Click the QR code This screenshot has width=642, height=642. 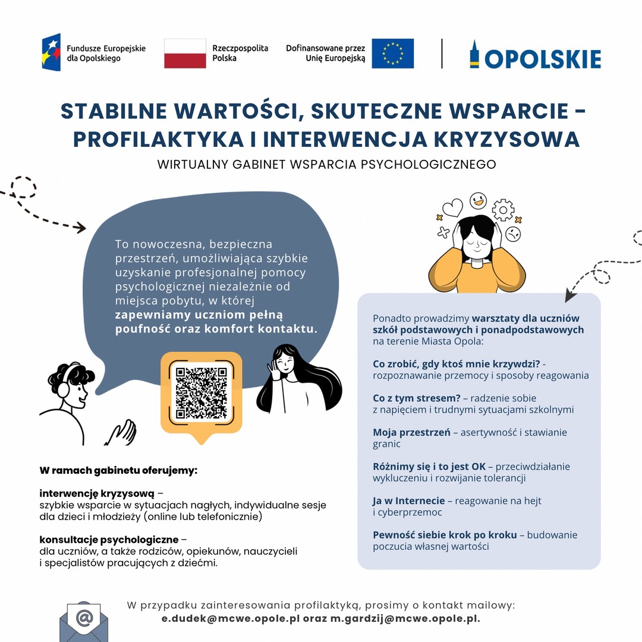coord(201,393)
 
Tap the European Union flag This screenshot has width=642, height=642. coord(392,53)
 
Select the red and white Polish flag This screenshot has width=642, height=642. coord(185,53)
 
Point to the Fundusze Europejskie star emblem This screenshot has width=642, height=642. coord(51,52)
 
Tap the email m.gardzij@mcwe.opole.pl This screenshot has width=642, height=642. coord(405,618)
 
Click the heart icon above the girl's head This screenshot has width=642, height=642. coord(453,208)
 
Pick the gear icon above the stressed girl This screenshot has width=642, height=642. coord(503,210)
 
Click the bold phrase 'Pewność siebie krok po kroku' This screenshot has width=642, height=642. coord(445,535)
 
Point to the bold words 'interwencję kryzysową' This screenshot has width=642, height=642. coord(97,494)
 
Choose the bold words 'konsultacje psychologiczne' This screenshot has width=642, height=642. coord(109,540)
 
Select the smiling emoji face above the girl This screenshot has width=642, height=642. coord(478,200)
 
